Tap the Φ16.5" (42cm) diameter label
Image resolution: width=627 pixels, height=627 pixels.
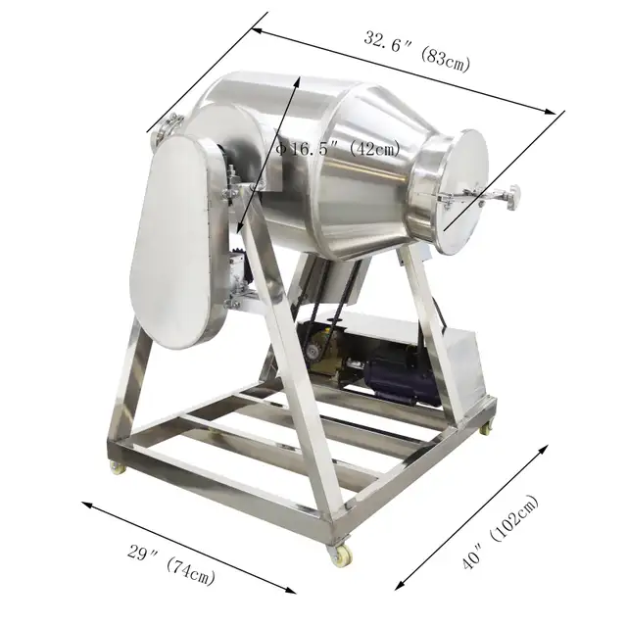(x=339, y=148)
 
